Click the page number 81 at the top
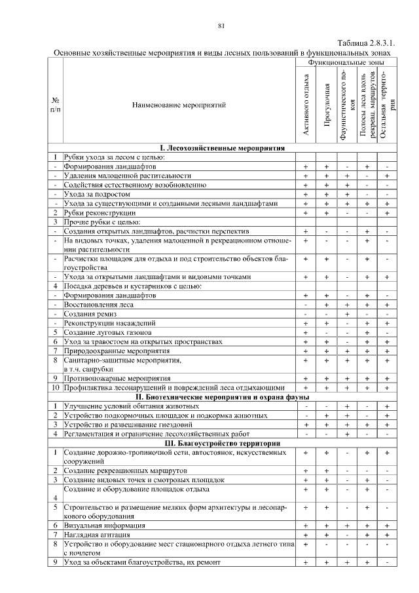pyautogui.click(x=221, y=26)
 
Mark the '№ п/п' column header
pyautogui.click(x=56, y=104)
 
